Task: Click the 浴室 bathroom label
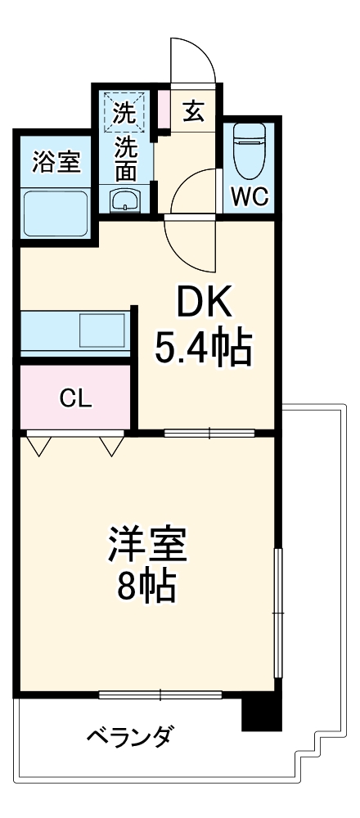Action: pyautogui.click(x=56, y=162)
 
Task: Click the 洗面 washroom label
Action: pyautogui.click(x=125, y=160)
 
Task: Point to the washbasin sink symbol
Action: pyautogui.click(x=125, y=199)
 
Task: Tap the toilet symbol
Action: pyautogui.click(x=250, y=151)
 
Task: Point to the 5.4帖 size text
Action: pyautogui.click(x=203, y=349)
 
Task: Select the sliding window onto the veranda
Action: pyautogui.click(x=160, y=695)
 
